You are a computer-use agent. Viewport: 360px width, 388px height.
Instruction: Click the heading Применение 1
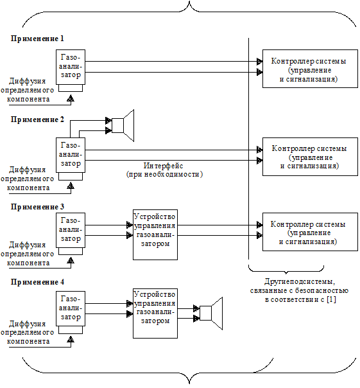click(37, 39)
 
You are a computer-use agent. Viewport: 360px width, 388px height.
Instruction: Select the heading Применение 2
click(37, 119)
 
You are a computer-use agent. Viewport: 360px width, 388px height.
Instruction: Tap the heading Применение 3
click(37, 207)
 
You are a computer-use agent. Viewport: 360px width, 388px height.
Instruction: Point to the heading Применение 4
click(37, 282)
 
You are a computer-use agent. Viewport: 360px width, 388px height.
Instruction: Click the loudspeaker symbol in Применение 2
click(123, 125)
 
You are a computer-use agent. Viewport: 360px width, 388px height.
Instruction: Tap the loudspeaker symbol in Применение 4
click(211, 313)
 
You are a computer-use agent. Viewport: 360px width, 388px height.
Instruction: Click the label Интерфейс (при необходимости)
click(164, 170)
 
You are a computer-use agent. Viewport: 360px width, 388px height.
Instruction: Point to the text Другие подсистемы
click(300, 281)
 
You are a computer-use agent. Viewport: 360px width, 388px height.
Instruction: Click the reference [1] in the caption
click(331, 299)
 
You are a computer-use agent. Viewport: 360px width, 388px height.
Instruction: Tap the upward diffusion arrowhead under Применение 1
click(71, 98)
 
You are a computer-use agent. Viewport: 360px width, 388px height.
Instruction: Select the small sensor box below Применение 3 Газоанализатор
click(71, 251)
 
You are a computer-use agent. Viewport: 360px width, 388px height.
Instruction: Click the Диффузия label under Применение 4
click(28, 324)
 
